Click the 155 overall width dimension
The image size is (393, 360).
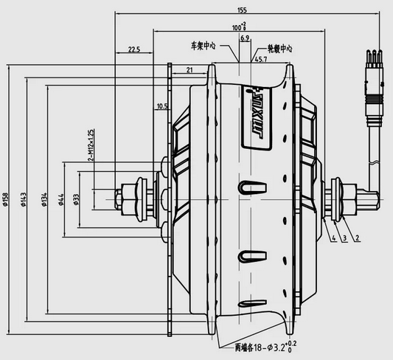point(242,10)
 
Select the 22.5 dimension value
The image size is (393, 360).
point(133,49)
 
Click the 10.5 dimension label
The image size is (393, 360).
point(162,106)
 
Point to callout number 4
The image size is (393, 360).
point(333,238)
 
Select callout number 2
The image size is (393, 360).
point(357,238)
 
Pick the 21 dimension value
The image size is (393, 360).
point(189,70)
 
